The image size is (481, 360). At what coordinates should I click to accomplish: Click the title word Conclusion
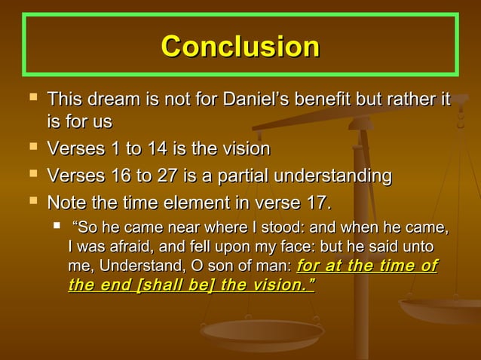240,47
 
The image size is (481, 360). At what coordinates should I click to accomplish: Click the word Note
66,203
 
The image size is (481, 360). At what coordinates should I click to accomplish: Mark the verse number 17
315,203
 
